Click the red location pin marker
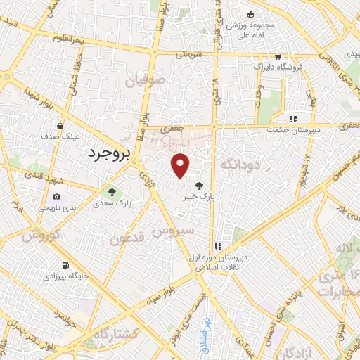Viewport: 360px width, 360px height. [181, 166]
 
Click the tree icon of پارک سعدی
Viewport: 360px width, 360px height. [111, 191]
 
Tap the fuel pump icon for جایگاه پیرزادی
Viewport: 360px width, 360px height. [66, 266]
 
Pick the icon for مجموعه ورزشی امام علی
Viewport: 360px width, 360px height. [250, 14]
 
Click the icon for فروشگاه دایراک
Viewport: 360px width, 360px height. [278, 58]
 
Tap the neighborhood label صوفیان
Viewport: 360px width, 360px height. [143, 82]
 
